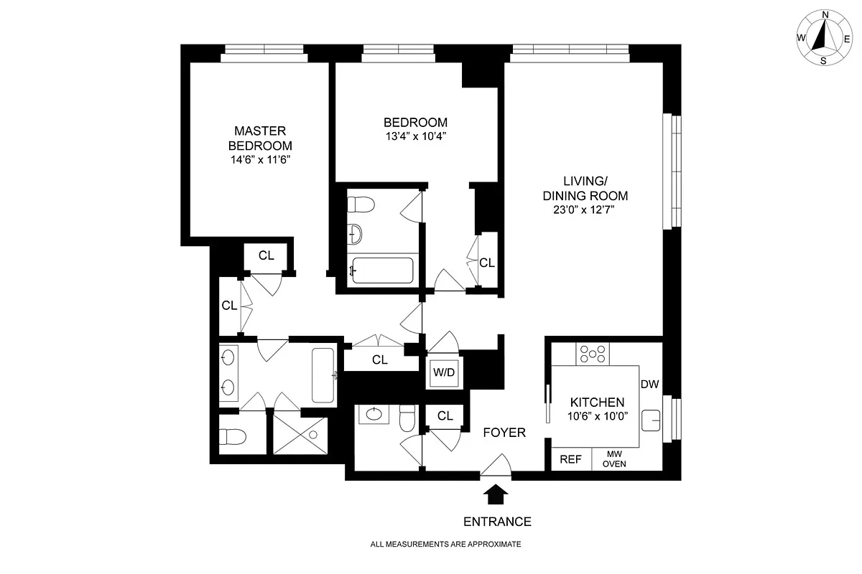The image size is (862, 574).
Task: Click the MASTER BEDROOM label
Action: click(260, 138)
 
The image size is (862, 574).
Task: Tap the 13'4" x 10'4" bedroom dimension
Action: click(416, 136)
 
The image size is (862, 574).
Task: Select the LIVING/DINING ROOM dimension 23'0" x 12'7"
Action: click(584, 210)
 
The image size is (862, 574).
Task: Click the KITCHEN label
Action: click(597, 403)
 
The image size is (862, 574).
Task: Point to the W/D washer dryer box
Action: click(444, 372)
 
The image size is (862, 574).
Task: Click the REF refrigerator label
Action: click(570, 459)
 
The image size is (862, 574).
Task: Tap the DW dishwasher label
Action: click(650, 384)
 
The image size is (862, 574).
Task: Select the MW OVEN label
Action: click(614, 459)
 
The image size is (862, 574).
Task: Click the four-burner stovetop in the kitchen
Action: click(593, 354)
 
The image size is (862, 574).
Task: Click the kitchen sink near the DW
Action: click(651, 420)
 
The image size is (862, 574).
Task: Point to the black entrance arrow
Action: click(496, 494)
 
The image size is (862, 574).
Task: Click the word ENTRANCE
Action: click(497, 522)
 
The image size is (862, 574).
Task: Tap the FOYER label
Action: click(504, 433)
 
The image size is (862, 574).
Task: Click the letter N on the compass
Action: click(825, 15)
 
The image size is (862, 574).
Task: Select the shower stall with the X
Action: click(300, 436)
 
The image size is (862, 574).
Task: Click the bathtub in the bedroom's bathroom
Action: click(383, 270)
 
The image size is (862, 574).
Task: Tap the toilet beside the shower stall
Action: click(233, 437)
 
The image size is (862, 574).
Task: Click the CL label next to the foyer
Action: click(445, 415)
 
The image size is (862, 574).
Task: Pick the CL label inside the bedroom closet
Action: click(487, 263)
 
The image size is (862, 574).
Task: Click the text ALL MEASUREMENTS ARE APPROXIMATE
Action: click(445, 544)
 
